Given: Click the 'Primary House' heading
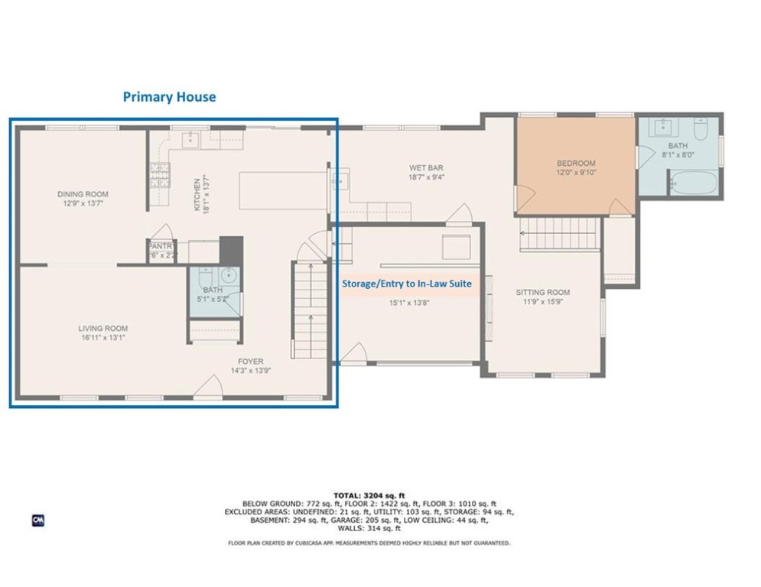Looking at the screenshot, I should click(169, 97).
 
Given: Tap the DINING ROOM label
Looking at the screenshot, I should click(83, 194).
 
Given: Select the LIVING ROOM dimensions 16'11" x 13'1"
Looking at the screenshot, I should click(102, 338).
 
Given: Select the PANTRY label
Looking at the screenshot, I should click(161, 246).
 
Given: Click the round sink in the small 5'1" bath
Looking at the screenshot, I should click(227, 275).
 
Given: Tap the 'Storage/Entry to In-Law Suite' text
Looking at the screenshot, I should click(405, 283).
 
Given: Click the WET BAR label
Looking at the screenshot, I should click(426, 168).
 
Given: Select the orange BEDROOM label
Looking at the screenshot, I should click(575, 164).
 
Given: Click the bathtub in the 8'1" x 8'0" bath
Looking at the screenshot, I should click(693, 183).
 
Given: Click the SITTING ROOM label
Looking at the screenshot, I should click(542, 293).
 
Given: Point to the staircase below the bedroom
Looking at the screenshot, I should click(558, 233).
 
